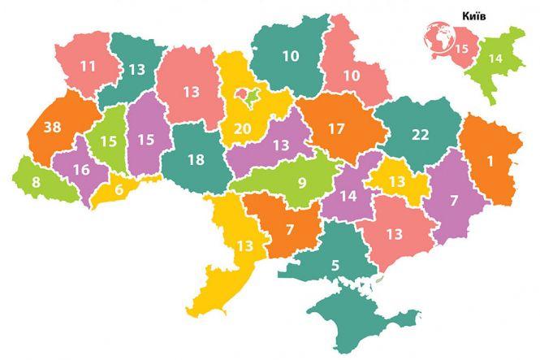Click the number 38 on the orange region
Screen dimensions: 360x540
(52, 128)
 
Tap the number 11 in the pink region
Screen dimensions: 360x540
(87, 65)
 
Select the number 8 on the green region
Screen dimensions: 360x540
(37, 182)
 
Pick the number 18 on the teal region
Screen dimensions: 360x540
(195, 159)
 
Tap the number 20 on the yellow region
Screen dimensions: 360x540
(242, 128)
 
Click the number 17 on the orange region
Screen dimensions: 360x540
(336, 128)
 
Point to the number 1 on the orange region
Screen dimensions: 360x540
(490, 161)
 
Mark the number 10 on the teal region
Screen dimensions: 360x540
(291, 56)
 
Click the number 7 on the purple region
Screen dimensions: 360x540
(454, 200)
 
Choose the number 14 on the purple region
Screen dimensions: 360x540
(348, 195)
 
